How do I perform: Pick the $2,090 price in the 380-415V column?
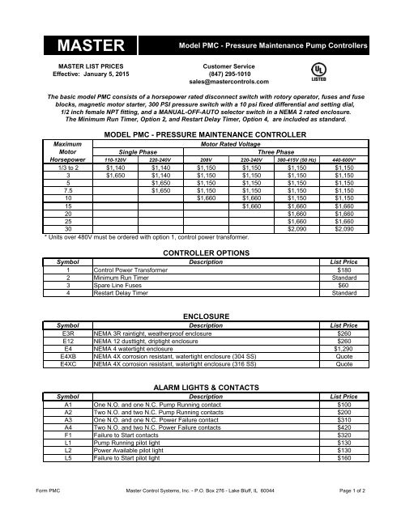pyautogui.click(x=299, y=230)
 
